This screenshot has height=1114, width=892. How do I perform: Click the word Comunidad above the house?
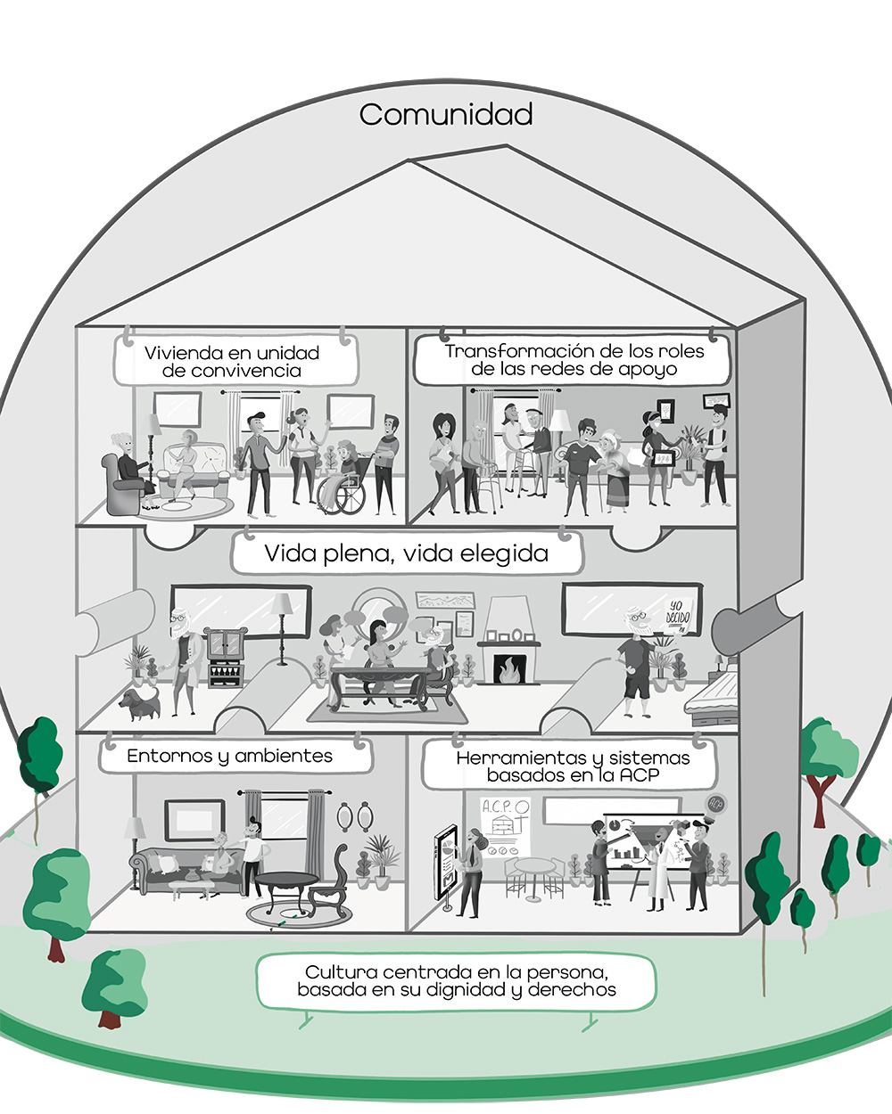pos(446,115)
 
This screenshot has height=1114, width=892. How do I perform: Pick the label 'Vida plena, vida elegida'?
pos(406,553)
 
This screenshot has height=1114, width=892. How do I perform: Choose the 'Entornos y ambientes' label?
pos(229,757)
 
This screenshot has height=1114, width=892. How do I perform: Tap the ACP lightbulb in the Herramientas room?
pos(714,803)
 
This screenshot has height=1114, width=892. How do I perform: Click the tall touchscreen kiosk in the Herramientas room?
pos(445,864)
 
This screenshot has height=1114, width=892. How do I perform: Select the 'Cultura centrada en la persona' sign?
pos(456,980)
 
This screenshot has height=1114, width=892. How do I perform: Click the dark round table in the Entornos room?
pos(286,881)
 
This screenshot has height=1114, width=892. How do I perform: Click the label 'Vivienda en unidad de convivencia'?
pos(232,361)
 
